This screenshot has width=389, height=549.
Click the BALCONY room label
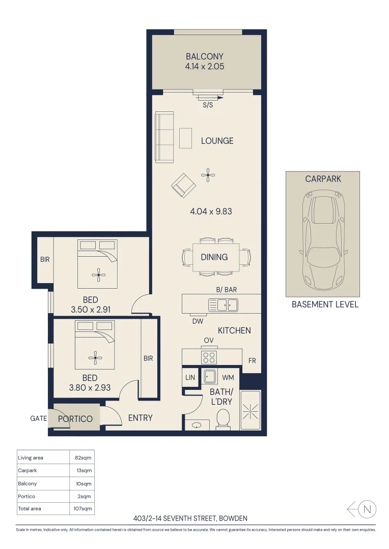coord(205,56)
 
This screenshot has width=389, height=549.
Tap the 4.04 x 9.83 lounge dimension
coord(211,211)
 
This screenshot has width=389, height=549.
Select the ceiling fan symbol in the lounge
coord(207,175)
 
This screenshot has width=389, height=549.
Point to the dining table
coord(216,257)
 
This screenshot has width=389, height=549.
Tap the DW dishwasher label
coord(198,321)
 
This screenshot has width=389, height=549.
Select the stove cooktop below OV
coord(209,357)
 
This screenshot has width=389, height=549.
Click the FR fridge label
coord(252,361)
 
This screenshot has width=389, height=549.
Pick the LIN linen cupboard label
coord(190,378)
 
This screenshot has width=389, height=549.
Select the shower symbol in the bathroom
coord(249,409)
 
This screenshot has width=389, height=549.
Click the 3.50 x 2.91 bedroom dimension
coord(91,309)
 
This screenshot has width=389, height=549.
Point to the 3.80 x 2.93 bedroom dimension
coord(90,387)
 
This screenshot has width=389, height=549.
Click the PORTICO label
coord(75,419)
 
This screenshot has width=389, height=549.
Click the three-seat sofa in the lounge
coord(164,138)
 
